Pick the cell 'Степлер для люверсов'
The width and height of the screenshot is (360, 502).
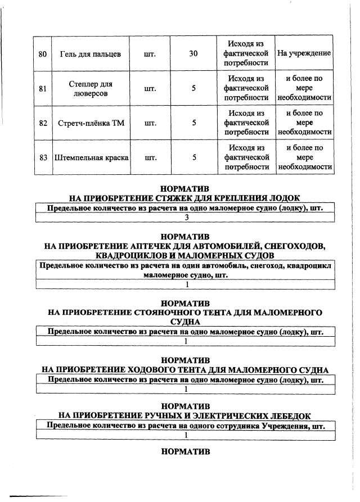(x=90, y=88)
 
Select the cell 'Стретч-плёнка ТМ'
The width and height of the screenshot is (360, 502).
(x=90, y=123)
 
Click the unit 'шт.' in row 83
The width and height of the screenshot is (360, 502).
(x=150, y=158)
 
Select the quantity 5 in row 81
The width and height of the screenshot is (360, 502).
(x=193, y=88)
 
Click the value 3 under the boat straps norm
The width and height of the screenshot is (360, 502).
(x=186, y=218)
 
